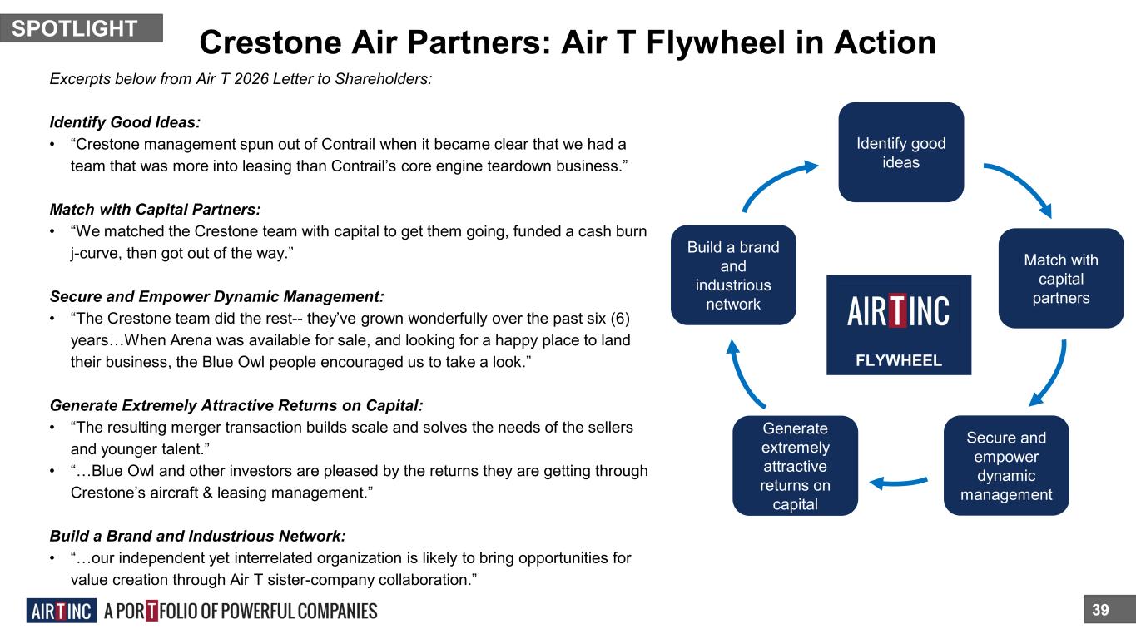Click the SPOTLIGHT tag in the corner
82,28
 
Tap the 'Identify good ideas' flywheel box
900,152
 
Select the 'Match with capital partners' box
1061,278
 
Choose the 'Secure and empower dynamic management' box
1006,466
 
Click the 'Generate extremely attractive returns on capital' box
796,466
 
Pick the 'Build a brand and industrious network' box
733,275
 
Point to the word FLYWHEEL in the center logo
899,360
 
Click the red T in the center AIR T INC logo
896,310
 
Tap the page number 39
1100,610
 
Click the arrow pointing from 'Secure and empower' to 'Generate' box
899,483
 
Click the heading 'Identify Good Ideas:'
125,122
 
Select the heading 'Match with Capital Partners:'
155,210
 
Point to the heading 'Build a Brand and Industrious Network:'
198,536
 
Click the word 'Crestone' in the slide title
270,42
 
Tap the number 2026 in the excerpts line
251,79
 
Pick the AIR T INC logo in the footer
62,611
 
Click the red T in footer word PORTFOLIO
151,611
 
